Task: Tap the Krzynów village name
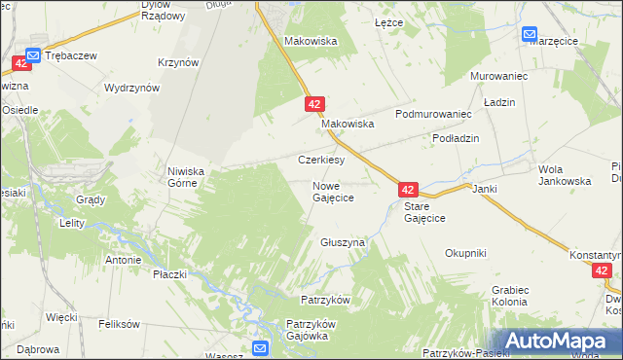[177, 62]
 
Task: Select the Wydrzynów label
[131, 88]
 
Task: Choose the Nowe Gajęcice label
[332, 191]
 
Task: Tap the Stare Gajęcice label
[424, 212]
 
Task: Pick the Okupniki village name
[465, 253]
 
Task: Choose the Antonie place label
[124, 260]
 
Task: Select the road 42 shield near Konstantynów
[603, 271]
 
